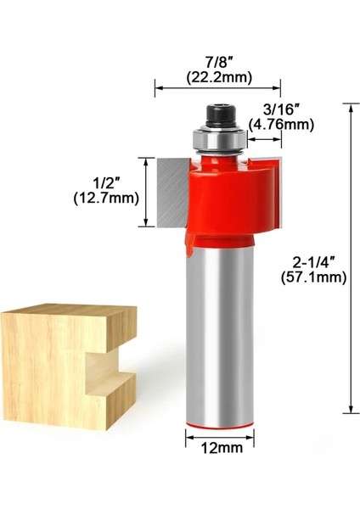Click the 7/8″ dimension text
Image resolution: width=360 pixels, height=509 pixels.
click(x=217, y=62)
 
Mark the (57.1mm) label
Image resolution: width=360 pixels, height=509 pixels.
click(x=313, y=277)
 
